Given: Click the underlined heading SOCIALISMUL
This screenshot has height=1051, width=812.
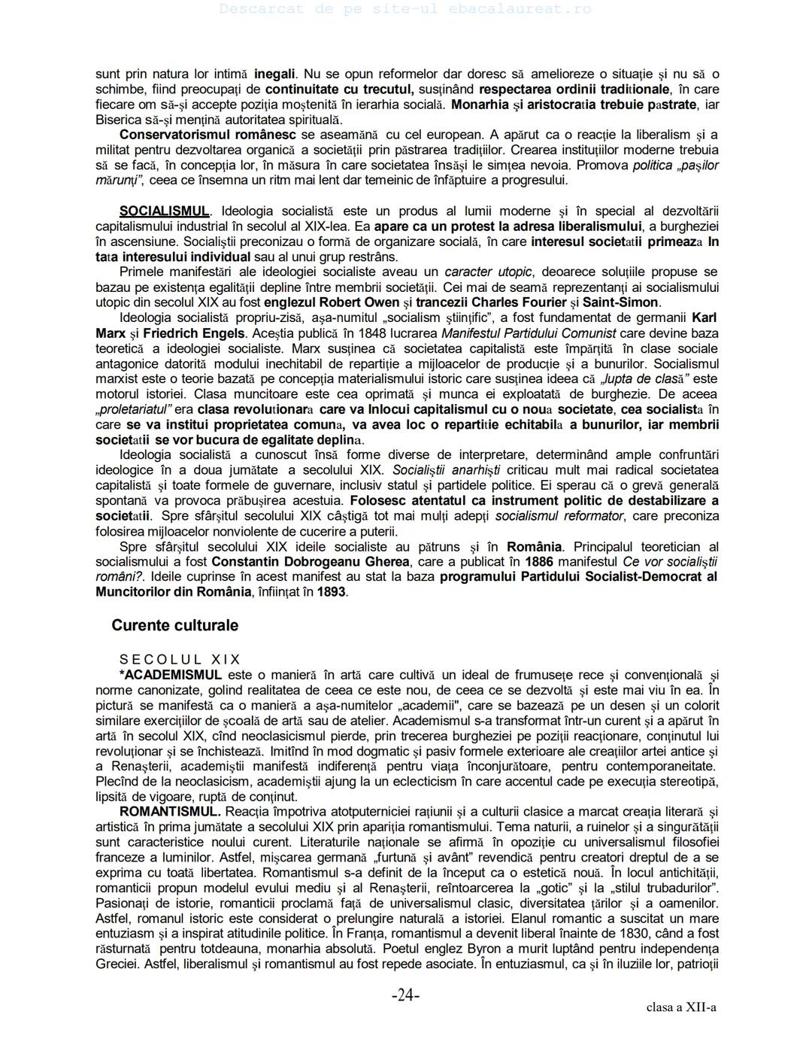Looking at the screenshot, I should (x=165, y=211).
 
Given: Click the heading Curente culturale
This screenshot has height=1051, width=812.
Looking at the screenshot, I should (x=174, y=626).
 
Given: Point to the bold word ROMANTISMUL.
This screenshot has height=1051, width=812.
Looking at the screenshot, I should (x=170, y=812).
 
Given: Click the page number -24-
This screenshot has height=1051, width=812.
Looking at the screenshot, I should (x=405, y=996).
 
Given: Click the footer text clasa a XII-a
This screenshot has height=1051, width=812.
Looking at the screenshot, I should (x=680, y=1007).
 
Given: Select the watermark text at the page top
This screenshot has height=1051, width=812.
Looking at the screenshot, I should (x=405, y=9).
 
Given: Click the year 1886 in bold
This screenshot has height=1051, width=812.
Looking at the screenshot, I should (x=539, y=562).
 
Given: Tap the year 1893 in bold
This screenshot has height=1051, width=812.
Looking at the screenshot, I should (x=331, y=592).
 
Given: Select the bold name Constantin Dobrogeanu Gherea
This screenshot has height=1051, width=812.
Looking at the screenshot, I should (x=310, y=562).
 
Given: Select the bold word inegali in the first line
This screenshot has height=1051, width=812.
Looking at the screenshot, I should (x=275, y=74).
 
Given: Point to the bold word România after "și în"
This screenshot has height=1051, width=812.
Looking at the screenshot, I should (x=534, y=547).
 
